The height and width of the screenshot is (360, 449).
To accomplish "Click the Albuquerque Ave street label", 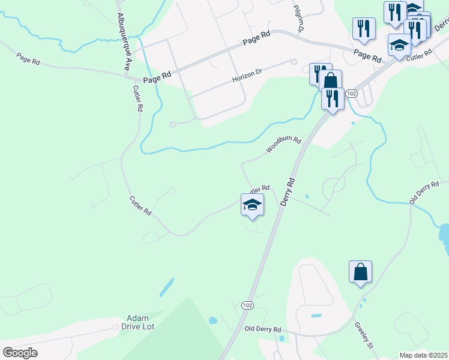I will tap(123, 43).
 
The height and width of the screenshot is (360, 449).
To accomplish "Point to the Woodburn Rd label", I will tap(283, 145).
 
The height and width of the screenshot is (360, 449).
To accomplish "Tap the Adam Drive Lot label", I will tap(142, 322).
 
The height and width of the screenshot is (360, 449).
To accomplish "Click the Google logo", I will tap(20, 353).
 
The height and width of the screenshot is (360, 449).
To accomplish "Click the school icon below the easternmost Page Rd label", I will tap(399, 45).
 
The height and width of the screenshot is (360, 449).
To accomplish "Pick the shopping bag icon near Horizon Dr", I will tap(330, 81).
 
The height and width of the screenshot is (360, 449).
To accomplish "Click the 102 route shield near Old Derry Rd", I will tap(247, 305).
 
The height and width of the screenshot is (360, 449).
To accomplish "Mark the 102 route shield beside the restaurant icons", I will tap(352, 94).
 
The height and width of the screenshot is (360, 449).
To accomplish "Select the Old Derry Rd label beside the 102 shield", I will tap(262, 329).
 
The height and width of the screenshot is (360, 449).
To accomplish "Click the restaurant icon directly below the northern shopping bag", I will tap(333, 98).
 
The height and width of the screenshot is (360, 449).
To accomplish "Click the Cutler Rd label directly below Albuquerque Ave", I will tap(137, 98).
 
